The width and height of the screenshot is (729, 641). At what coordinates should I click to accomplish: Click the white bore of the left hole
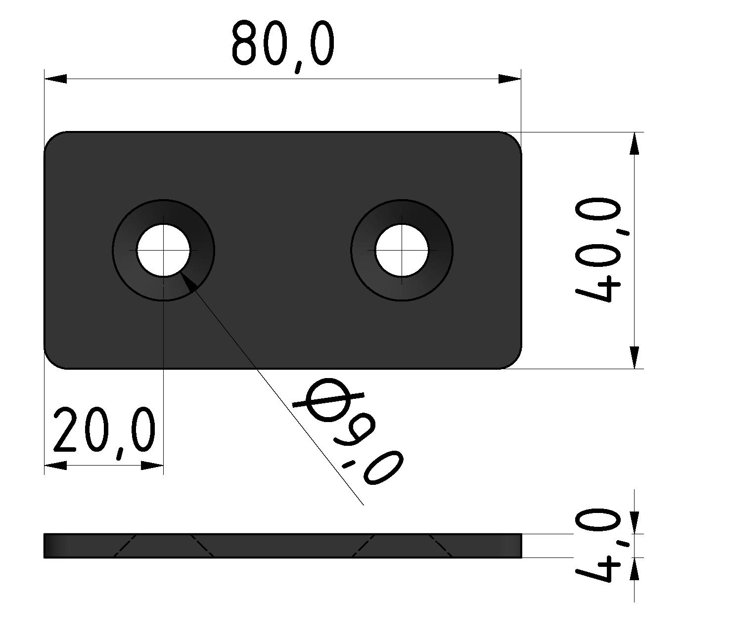coord(163,251)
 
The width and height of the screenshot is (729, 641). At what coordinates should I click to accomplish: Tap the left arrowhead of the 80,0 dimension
coord(55,79)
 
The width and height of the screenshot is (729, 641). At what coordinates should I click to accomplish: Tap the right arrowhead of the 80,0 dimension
coord(510,79)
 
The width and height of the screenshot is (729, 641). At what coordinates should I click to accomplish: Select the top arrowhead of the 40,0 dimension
coord(634,143)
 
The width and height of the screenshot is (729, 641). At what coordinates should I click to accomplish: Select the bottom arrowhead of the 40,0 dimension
coord(634,357)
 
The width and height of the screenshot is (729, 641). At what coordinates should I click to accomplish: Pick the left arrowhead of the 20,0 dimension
coord(55,466)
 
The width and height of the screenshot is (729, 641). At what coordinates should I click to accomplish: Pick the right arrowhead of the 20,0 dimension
coord(152,466)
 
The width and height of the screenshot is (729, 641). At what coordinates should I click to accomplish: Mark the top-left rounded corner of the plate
coord(52,140)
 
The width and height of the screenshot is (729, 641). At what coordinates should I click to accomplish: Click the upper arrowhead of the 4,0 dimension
coord(634,523)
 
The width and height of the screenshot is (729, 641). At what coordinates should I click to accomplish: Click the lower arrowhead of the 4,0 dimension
coord(634,569)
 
